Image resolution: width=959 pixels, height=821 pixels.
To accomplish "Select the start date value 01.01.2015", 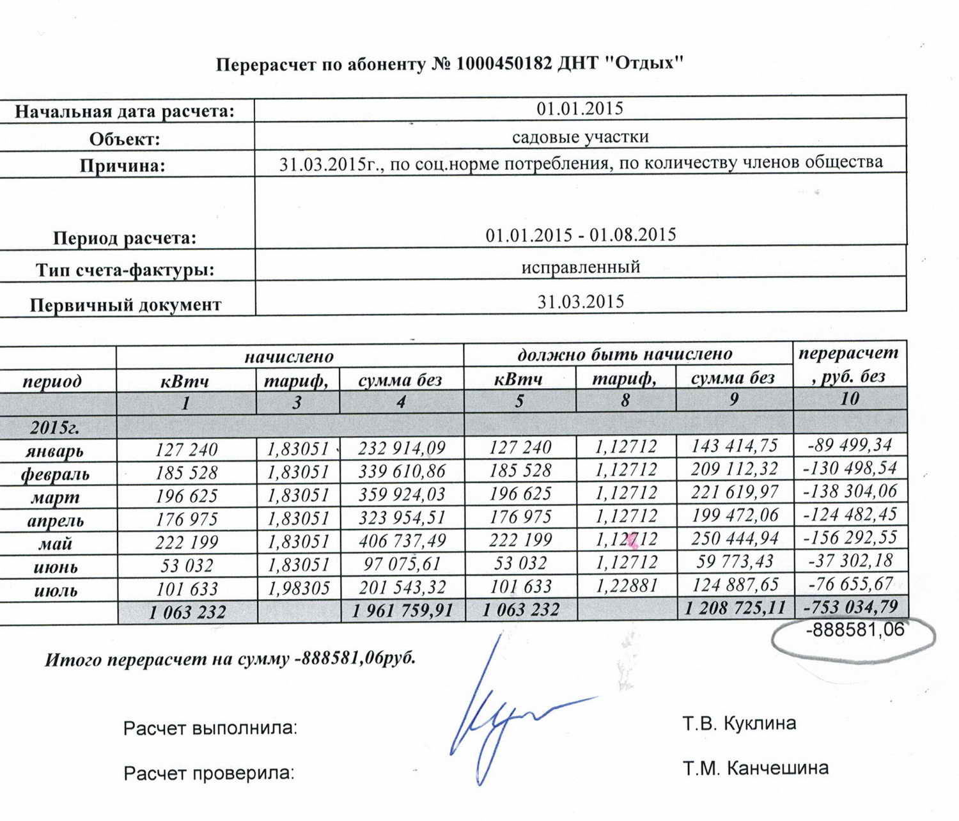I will (x=580, y=108).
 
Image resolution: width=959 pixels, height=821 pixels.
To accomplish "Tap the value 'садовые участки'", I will (x=580, y=137).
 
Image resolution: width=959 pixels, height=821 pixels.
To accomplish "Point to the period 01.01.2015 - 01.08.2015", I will (x=581, y=235).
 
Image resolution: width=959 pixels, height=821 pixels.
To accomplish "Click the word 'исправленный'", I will (x=581, y=266).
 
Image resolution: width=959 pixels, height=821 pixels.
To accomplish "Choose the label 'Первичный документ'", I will (x=125, y=304).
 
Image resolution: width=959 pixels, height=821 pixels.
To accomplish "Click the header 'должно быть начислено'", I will (x=625, y=354).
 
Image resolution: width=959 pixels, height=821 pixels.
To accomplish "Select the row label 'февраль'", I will (x=56, y=474).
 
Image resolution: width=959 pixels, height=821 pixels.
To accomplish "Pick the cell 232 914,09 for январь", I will (x=402, y=448).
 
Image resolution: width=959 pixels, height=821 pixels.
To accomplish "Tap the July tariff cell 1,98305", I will (x=298, y=588).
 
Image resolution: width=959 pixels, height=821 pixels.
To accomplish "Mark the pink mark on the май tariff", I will (x=632, y=541).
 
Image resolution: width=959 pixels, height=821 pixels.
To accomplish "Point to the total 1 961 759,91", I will (x=402, y=611).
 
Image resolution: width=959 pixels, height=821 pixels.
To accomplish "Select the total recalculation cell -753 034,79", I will (x=850, y=606).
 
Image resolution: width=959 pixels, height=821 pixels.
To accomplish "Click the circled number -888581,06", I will (x=855, y=630).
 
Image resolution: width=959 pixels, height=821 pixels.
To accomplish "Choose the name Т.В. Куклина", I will (x=739, y=724).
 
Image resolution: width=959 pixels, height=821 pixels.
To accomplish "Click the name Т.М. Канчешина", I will (x=755, y=767).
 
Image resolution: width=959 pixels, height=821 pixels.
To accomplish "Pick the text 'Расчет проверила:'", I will (x=209, y=773).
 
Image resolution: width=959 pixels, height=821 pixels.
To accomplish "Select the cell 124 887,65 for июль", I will (x=734, y=584).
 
